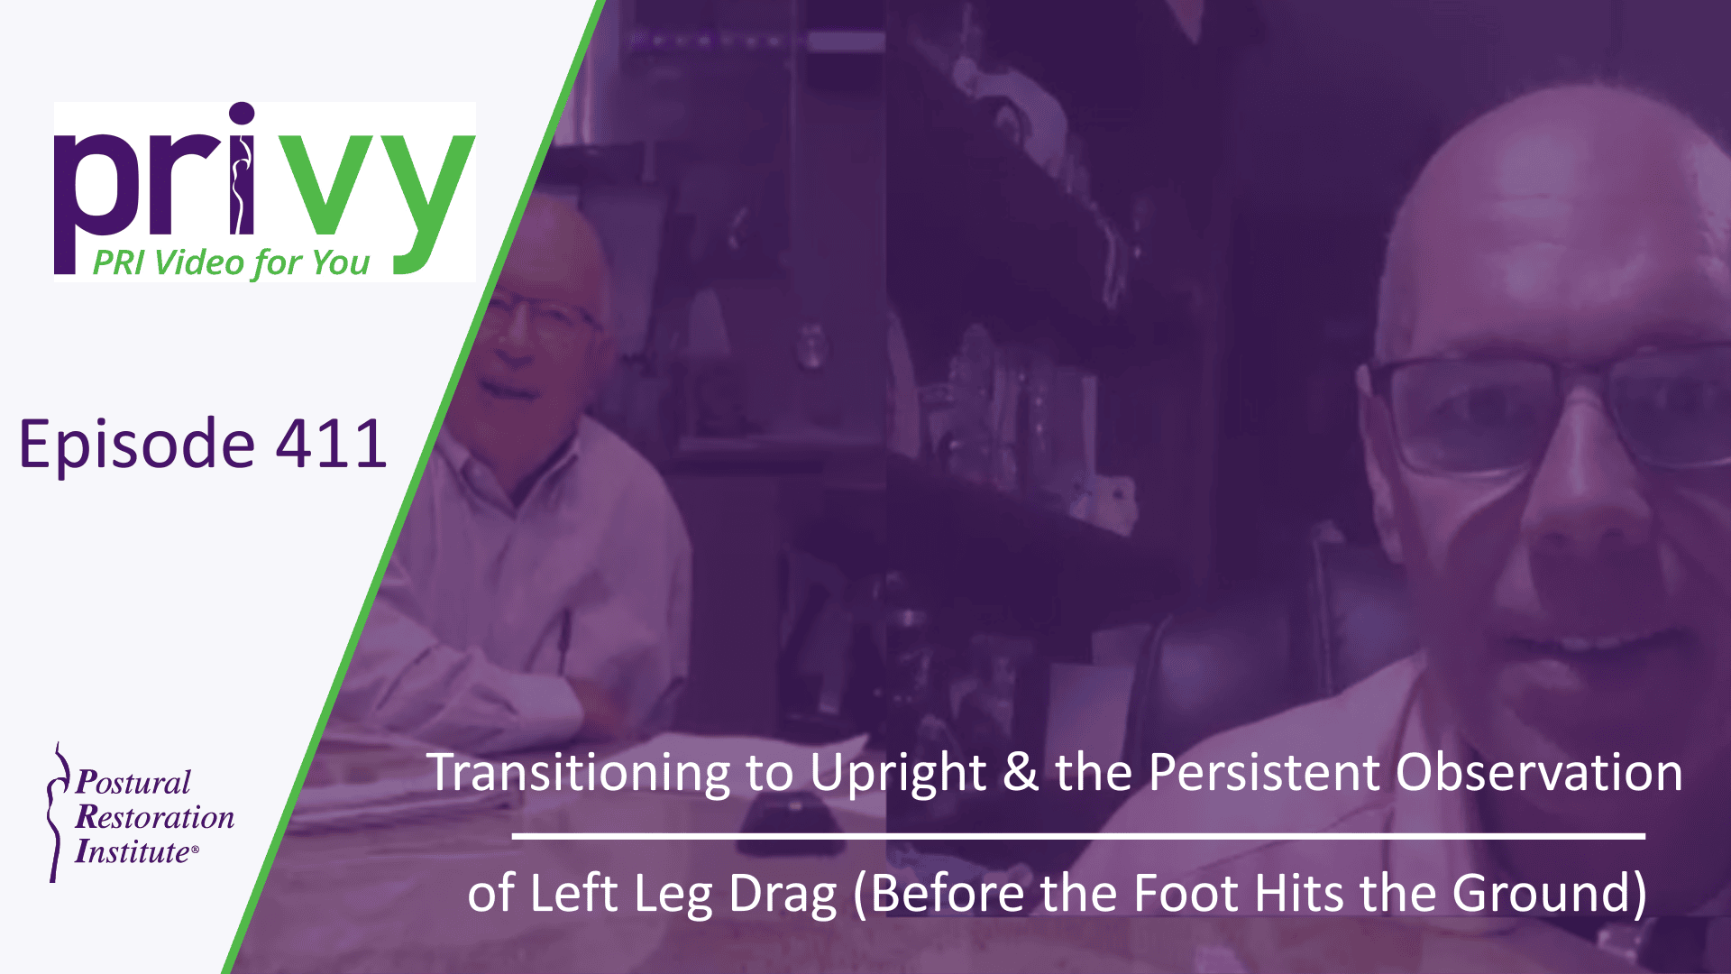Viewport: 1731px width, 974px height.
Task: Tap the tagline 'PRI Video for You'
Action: pos(231,262)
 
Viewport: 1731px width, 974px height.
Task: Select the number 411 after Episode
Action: pos(331,444)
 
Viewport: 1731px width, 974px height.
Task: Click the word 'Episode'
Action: pos(137,446)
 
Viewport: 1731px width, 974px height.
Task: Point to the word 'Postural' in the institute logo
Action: pos(133,781)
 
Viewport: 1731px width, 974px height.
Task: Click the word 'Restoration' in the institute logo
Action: pos(154,817)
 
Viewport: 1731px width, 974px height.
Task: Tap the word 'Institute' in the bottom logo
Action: pos(133,851)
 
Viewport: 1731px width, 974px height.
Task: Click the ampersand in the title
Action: pos(1020,773)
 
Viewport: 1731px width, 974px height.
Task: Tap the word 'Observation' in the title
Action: pos(1539,773)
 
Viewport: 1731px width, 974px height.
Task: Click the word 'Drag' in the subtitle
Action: pos(782,894)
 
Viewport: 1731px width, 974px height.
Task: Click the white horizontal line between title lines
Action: pos(1078,836)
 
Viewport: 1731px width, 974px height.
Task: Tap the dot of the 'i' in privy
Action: pos(242,115)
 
